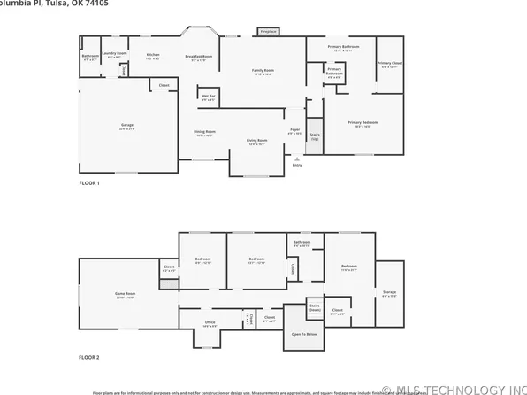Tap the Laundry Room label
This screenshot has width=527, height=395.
pyautogui.click(x=115, y=55)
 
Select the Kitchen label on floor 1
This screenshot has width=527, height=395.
pyautogui.click(x=152, y=55)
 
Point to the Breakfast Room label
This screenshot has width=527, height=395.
pyautogui.click(x=201, y=58)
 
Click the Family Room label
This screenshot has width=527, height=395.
pyautogui.click(x=263, y=71)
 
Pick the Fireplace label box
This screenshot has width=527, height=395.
pyautogui.click(x=268, y=32)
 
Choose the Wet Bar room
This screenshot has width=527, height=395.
pyautogui.click(x=209, y=97)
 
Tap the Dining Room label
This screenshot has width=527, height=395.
pyautogui.click(x=205, y=134)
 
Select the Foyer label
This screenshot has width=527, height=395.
pyautogui.click(x=295, y=131)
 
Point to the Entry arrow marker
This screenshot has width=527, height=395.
pyautogui.click(x=296, y=160)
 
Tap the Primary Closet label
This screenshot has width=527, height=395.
pyautogui.click(x=389, y=64)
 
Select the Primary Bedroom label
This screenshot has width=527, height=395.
pyautogui.click(x=363, y=123)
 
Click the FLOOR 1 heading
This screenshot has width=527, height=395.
pyautogui.click(x=89, y=182)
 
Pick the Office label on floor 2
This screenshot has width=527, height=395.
pyautogui.click(x=210, y=323)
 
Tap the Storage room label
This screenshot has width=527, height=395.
pyautogui.click(x=389, y=295)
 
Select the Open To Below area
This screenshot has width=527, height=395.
pyautogui.click(x=304, y=335)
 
